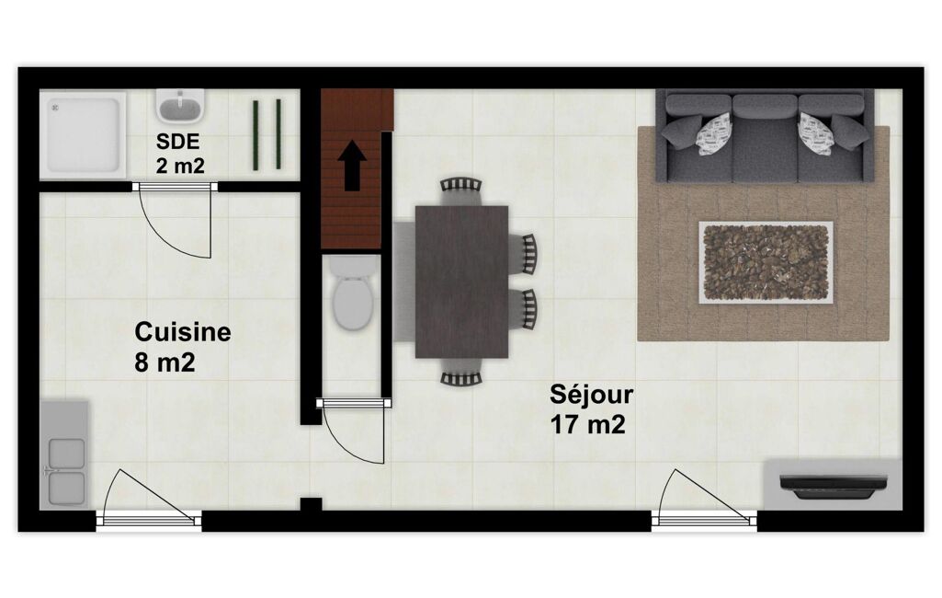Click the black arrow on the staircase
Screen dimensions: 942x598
click(352, 166)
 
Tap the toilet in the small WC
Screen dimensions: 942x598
click(353, 293)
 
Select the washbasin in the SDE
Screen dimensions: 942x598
click(180, 106)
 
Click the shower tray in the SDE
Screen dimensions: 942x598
click(83, 134)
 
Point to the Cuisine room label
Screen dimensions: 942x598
click(183, 332)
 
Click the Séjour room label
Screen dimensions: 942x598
click(591, 395)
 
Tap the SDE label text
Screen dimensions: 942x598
click(177, 142)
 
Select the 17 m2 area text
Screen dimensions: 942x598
click(587, 425)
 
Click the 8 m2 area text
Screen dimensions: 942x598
click(165, 362)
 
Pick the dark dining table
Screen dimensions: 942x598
click(461, 282)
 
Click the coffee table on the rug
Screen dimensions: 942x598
click(766, 262)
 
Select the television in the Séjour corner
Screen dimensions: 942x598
click(834, 486)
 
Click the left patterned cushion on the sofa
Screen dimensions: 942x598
click(714, 134)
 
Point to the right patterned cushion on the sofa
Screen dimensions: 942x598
click(815, 134)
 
